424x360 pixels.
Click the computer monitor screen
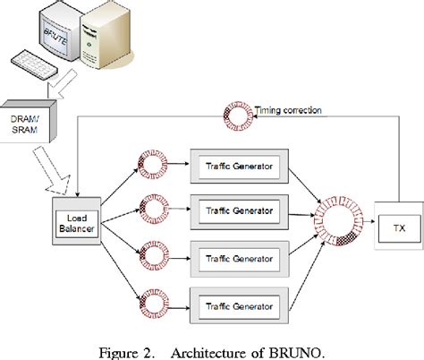[47, 37]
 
